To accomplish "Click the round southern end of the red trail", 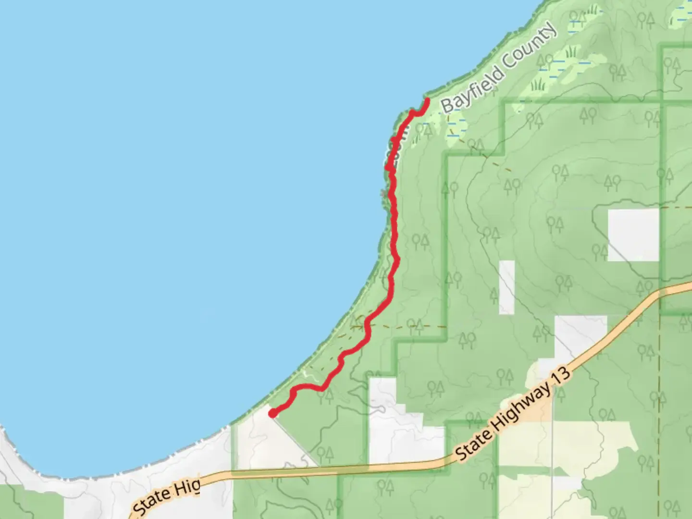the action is pyautogui.click(x=272, y=413).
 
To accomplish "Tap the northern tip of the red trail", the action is pyautogui.click(x=427, y=100).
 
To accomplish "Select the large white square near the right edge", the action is pyautogui.click(x=633, y=235).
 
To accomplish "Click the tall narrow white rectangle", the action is pyautogui.click(x=507, y=287).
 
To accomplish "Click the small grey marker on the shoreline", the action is pyautogui.click(x=383, y=194).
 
